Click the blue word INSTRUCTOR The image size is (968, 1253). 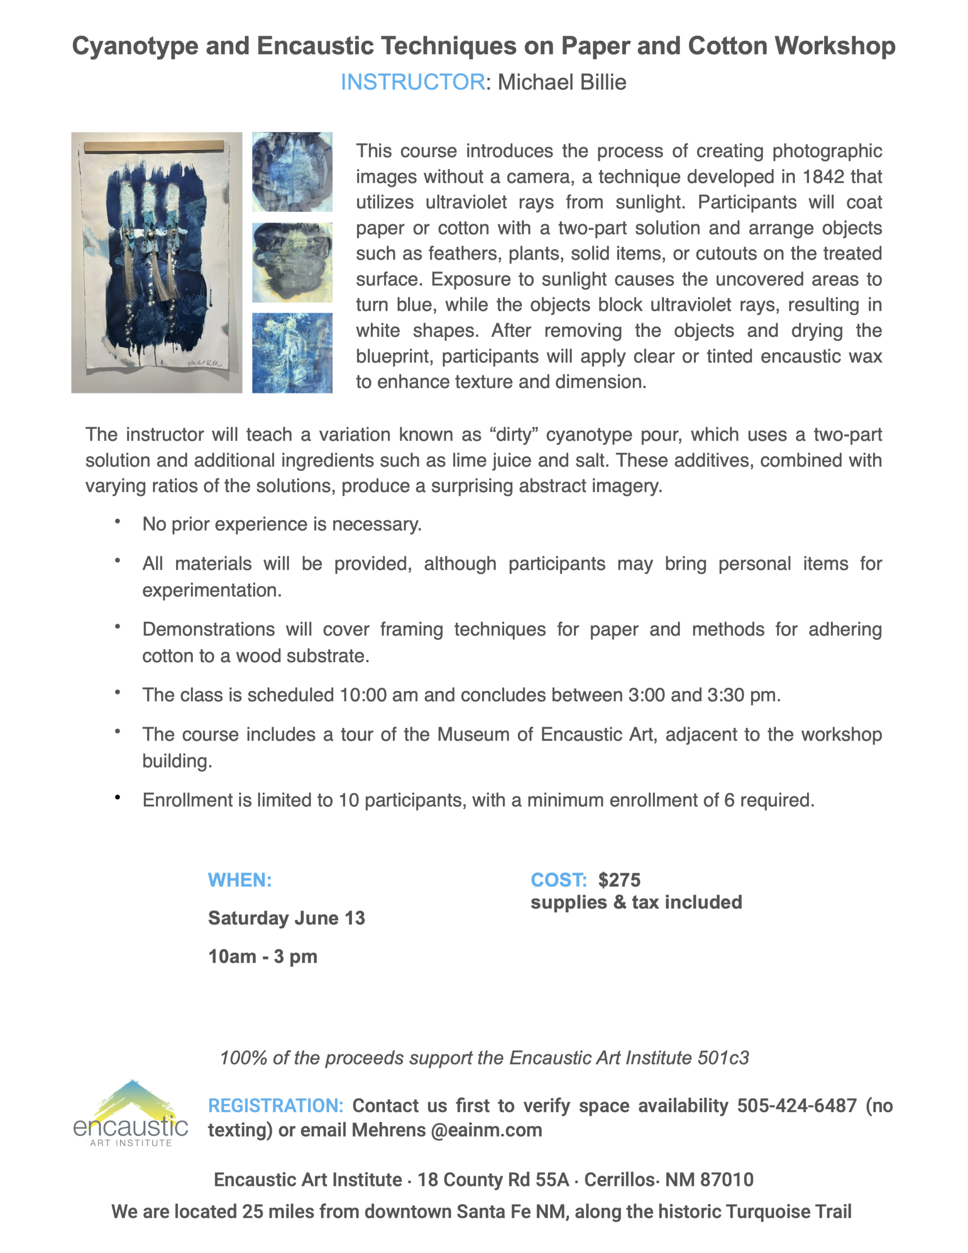point(413,82)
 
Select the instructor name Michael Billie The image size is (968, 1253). point(562,82)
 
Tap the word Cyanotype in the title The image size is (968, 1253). point(135,46)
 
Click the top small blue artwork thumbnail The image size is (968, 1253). point(292,172)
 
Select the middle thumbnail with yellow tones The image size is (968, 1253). point(292,263)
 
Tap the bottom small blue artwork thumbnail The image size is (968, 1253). point(292,353)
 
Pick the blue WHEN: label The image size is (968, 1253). point(240,880)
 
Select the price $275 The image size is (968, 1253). point(619,880)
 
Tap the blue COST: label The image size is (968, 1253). point(558,880)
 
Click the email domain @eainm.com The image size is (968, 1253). point(486,1130)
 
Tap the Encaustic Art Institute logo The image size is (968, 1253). point(131,1114)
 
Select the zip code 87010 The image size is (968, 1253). point(726,1180)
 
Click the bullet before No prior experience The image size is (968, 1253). point(117,521)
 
